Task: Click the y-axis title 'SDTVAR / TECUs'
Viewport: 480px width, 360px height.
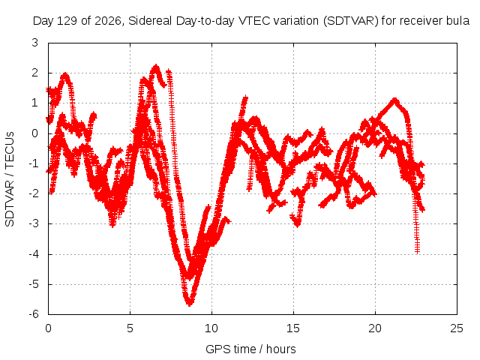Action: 10,179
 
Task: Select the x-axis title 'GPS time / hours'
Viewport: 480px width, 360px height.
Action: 250,349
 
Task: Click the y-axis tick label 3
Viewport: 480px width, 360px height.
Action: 35,43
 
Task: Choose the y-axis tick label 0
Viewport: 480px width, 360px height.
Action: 35,133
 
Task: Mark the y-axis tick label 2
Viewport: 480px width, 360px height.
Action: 35,73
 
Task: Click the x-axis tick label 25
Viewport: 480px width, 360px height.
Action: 457,328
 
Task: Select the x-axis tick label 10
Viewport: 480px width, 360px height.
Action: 211,328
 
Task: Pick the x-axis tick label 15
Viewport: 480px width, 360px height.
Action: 293,328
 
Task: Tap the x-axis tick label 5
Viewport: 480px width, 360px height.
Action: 130,328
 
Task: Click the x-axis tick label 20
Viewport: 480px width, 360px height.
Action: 375,328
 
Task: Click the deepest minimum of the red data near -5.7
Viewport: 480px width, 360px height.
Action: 190,304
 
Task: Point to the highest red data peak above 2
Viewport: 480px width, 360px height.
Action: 156,67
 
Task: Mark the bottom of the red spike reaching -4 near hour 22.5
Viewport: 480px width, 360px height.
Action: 417,252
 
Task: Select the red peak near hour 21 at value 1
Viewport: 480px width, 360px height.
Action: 394,100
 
